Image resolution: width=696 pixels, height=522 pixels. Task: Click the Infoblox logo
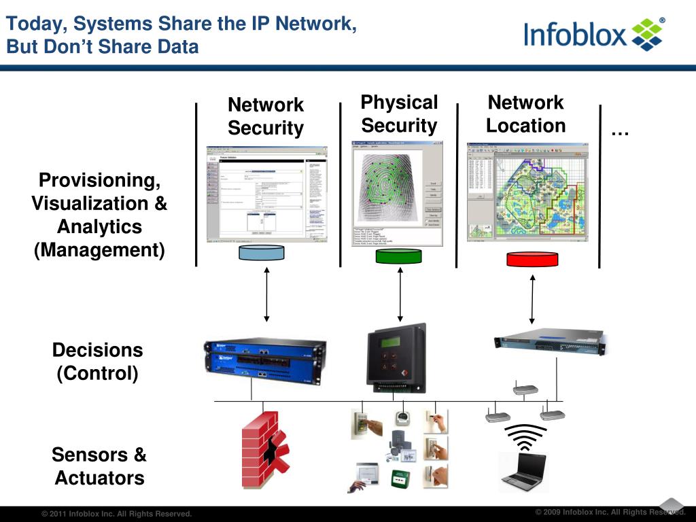tap(594, 34)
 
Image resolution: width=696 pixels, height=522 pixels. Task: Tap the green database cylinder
tap(398, 256)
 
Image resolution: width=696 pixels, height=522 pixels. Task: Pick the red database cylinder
tap(532, 259)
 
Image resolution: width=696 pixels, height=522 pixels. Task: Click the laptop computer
tap(523, 471)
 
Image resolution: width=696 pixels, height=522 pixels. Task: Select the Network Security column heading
tap(266, 116)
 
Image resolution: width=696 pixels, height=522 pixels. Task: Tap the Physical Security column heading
tap(399, 114)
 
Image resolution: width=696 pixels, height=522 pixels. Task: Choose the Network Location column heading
tap(525, 114)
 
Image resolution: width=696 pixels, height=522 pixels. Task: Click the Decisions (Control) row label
tap(98, 362)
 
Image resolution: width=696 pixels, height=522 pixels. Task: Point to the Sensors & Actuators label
tap(99, 466)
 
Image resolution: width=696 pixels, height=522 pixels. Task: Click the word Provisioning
tap(99, 181)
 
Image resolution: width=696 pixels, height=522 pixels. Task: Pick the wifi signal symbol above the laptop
tap(525, 436)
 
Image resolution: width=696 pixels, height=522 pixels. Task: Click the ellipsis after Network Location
tap(619, 131)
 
